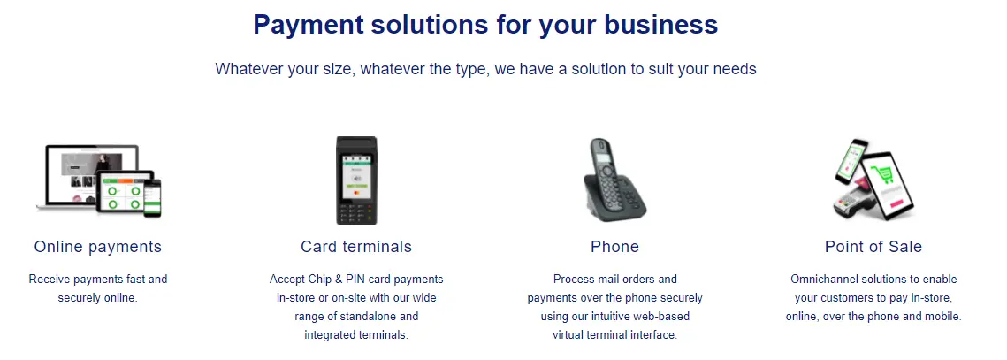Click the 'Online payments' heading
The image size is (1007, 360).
tap(97, 246)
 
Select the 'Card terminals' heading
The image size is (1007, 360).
tap(356, 246)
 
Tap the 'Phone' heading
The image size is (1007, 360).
tap(614, 246)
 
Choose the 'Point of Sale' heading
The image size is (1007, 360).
tap(873, 246)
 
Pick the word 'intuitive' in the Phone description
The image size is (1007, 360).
tap(615, 317)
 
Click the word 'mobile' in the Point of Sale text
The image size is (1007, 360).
tap(941, 317)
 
